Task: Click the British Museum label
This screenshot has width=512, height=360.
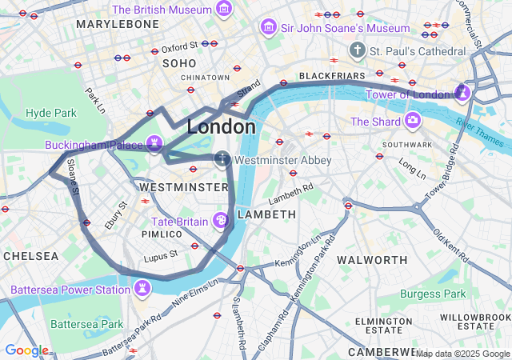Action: tap(162, 10)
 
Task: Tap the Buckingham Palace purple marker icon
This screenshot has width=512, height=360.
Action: tap(155, 145)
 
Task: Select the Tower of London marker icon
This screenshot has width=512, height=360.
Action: tap(462, 94)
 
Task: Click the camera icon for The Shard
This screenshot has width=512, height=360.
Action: tap(413, 121)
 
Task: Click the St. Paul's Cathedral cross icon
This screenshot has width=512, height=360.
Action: tap(357, 50)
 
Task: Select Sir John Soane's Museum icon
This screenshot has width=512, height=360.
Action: tap(269, 28)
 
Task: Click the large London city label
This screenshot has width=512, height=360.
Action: tap(222, 126)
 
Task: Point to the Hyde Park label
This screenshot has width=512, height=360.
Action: tap(50, 113)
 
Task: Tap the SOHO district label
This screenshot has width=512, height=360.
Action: tap(179, 62)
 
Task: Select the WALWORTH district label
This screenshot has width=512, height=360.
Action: tap(372, 260)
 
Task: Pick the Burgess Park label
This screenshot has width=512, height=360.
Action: tap(433, 294)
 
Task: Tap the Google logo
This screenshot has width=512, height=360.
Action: tap(26, 350)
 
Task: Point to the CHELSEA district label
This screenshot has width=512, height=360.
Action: tap(30, 256)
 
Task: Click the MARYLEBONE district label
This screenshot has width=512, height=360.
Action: tap(118, 25)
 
